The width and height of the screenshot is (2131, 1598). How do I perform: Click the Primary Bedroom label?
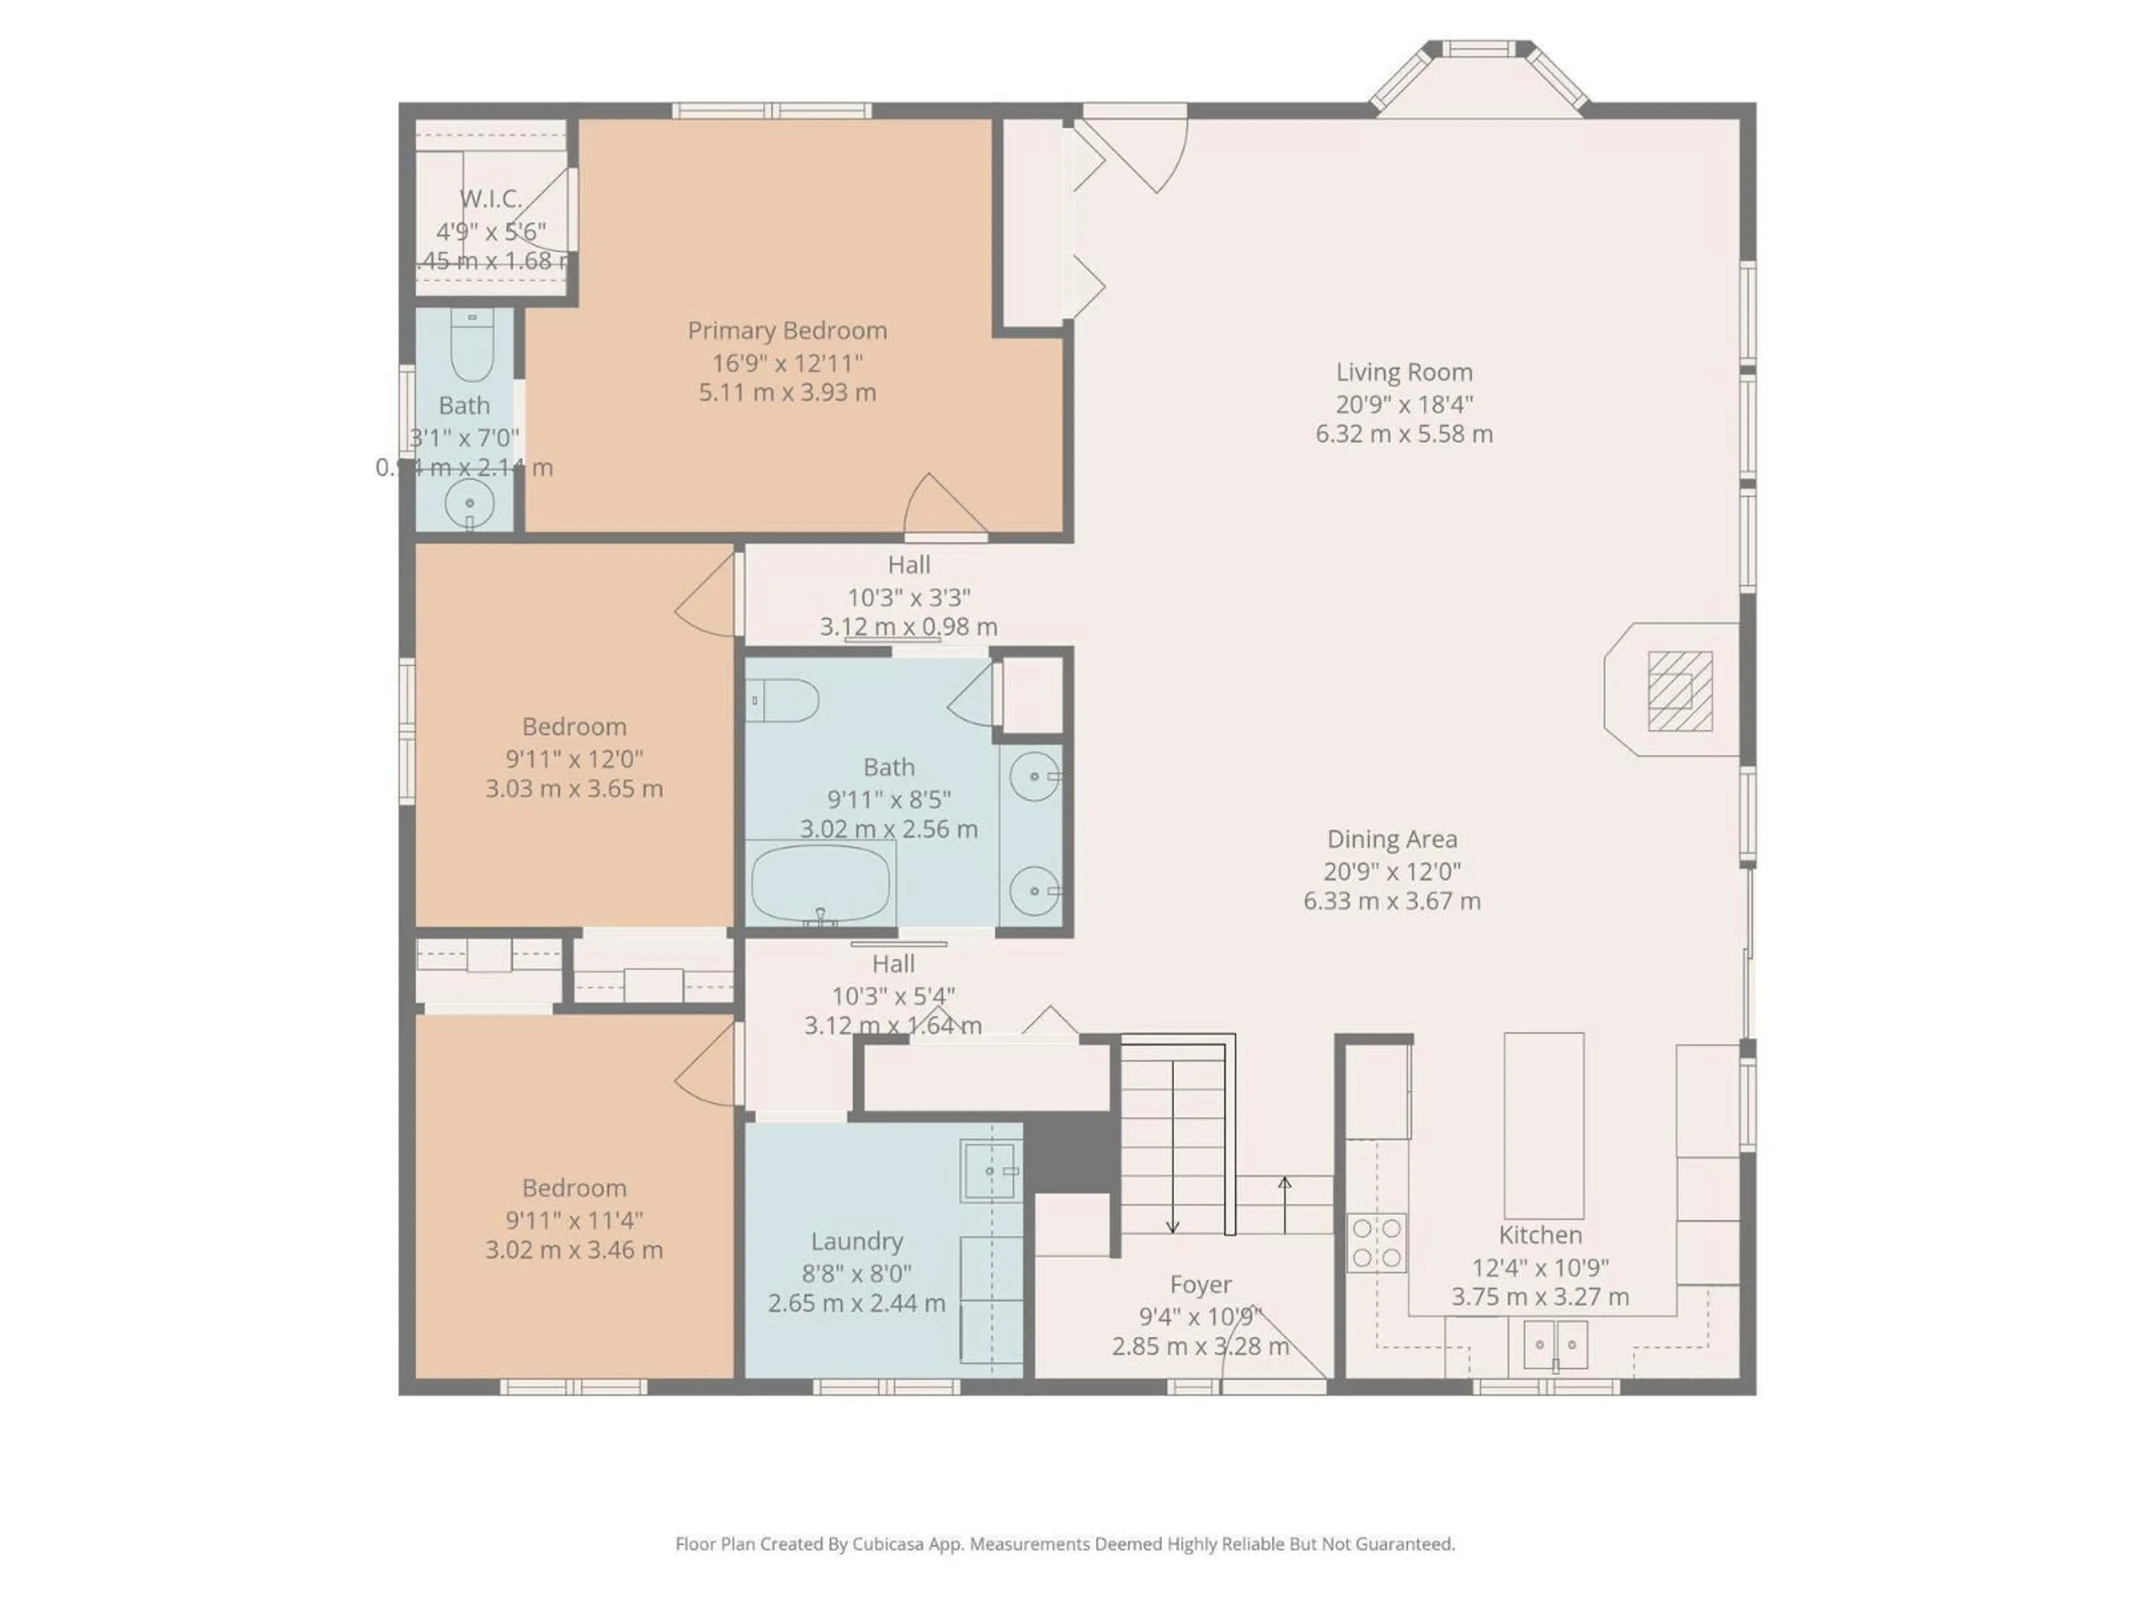787,330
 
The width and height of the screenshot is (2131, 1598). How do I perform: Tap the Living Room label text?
1403,372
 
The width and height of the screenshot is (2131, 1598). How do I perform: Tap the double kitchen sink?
1555,1344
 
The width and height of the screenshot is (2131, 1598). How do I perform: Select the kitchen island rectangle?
1543,1126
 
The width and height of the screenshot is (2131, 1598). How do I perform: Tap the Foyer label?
1200,1284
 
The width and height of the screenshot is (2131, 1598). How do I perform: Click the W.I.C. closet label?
491,199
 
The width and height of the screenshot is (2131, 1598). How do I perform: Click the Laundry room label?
856,1241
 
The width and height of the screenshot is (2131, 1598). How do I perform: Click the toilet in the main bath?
783,700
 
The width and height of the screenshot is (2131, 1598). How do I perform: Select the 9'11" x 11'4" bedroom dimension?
574,1220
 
